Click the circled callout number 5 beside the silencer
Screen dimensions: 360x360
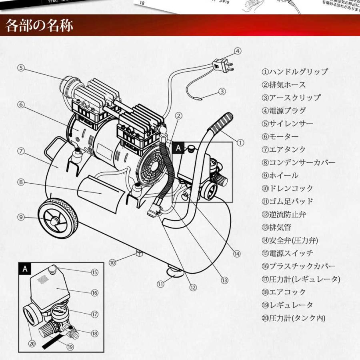tap(21, 68)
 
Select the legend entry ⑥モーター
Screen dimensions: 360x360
tap(280, 136)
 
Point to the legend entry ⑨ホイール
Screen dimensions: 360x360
tap(280, 175)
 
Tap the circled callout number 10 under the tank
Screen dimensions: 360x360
tap(112, 263)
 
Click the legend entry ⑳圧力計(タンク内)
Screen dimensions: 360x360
tap(293, 318)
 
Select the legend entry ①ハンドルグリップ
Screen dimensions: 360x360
tap(295, 72)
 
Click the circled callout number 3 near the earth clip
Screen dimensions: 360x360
tap(222, 92)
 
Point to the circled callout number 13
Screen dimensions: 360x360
tap(224, 280)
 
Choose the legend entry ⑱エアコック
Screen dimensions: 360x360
tap(284, 292)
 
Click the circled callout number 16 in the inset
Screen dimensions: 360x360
tap(94, 293)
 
